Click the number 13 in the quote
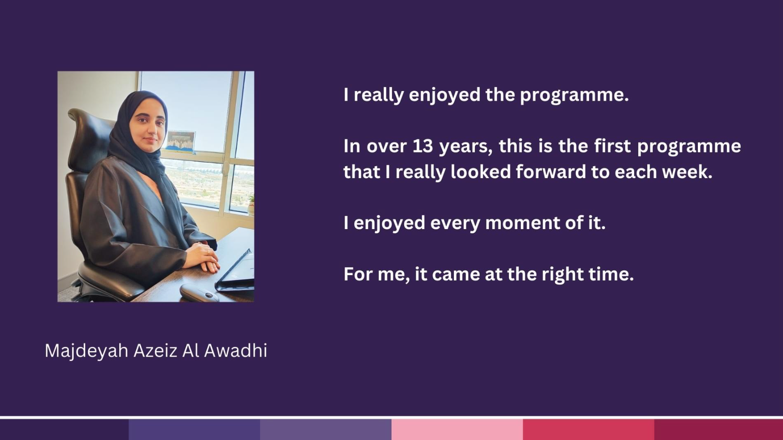pyautogui.click(x=423, y=146)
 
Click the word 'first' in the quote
pyautogui.click(x=612, y=146)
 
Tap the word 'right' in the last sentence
pyautogui.click(x=561, y=275)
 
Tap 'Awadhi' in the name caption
pyautogui.click(x=235, y=350)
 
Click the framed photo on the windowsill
pyautogui.click(x=181, y=141)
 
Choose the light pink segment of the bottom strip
pyautogui.click(x=457, y=430)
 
